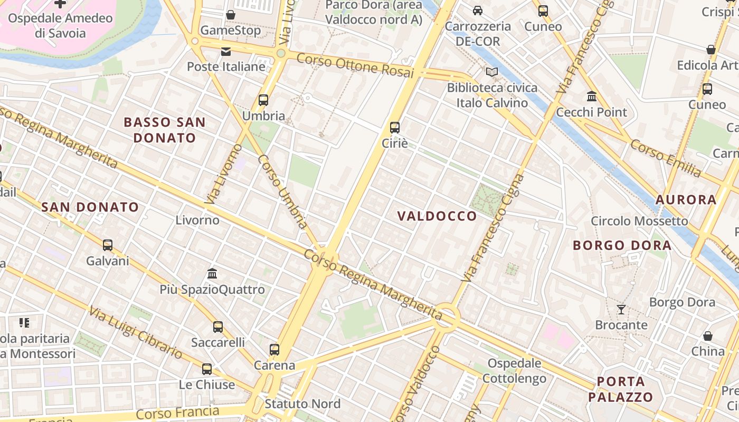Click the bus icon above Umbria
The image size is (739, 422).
(263, 100)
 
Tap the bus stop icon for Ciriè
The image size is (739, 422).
(395, 127)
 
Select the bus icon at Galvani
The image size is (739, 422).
(108, 245)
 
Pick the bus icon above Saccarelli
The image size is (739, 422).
(218, 327)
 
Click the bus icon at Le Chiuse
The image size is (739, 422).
(207, 369)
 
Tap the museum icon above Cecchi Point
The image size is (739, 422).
(592, 97)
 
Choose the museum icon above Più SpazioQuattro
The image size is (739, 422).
(212, 273)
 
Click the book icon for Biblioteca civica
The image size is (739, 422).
(492, 72)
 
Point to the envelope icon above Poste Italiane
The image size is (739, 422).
(226, 51)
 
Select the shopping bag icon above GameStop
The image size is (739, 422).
(231, 15)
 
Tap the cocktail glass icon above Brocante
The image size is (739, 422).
(621, 309)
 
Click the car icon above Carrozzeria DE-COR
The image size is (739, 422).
(478, 11)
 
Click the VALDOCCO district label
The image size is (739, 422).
(437, 216)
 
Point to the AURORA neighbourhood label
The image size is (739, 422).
(686, 200)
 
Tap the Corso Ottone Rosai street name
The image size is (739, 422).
(355, 65)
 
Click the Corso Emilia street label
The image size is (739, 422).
(666, 158)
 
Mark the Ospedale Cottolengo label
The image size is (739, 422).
(515, 371)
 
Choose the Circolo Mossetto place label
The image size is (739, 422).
(639, 221)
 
